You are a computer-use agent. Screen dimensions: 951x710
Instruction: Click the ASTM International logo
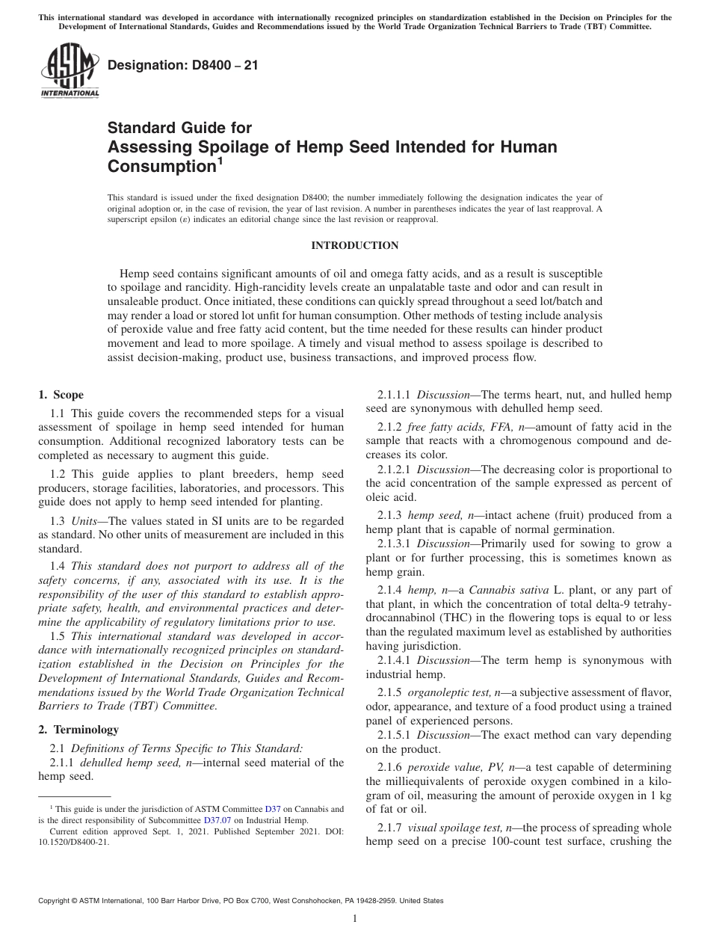tap(69, 71)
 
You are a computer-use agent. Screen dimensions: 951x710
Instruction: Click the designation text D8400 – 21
tap(183, 65)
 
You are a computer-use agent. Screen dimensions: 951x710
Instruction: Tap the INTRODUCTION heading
tap(354, 245)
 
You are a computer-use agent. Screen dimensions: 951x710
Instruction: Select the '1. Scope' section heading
tap(61, 395)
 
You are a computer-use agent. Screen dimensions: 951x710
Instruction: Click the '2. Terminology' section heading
tap(78, 729)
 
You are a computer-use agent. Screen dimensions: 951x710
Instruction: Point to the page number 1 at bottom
tap(355, 919)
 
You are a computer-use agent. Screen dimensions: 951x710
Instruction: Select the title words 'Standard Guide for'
tap(180, 128)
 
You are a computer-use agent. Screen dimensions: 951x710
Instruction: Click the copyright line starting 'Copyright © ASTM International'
tap(240, 901)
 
